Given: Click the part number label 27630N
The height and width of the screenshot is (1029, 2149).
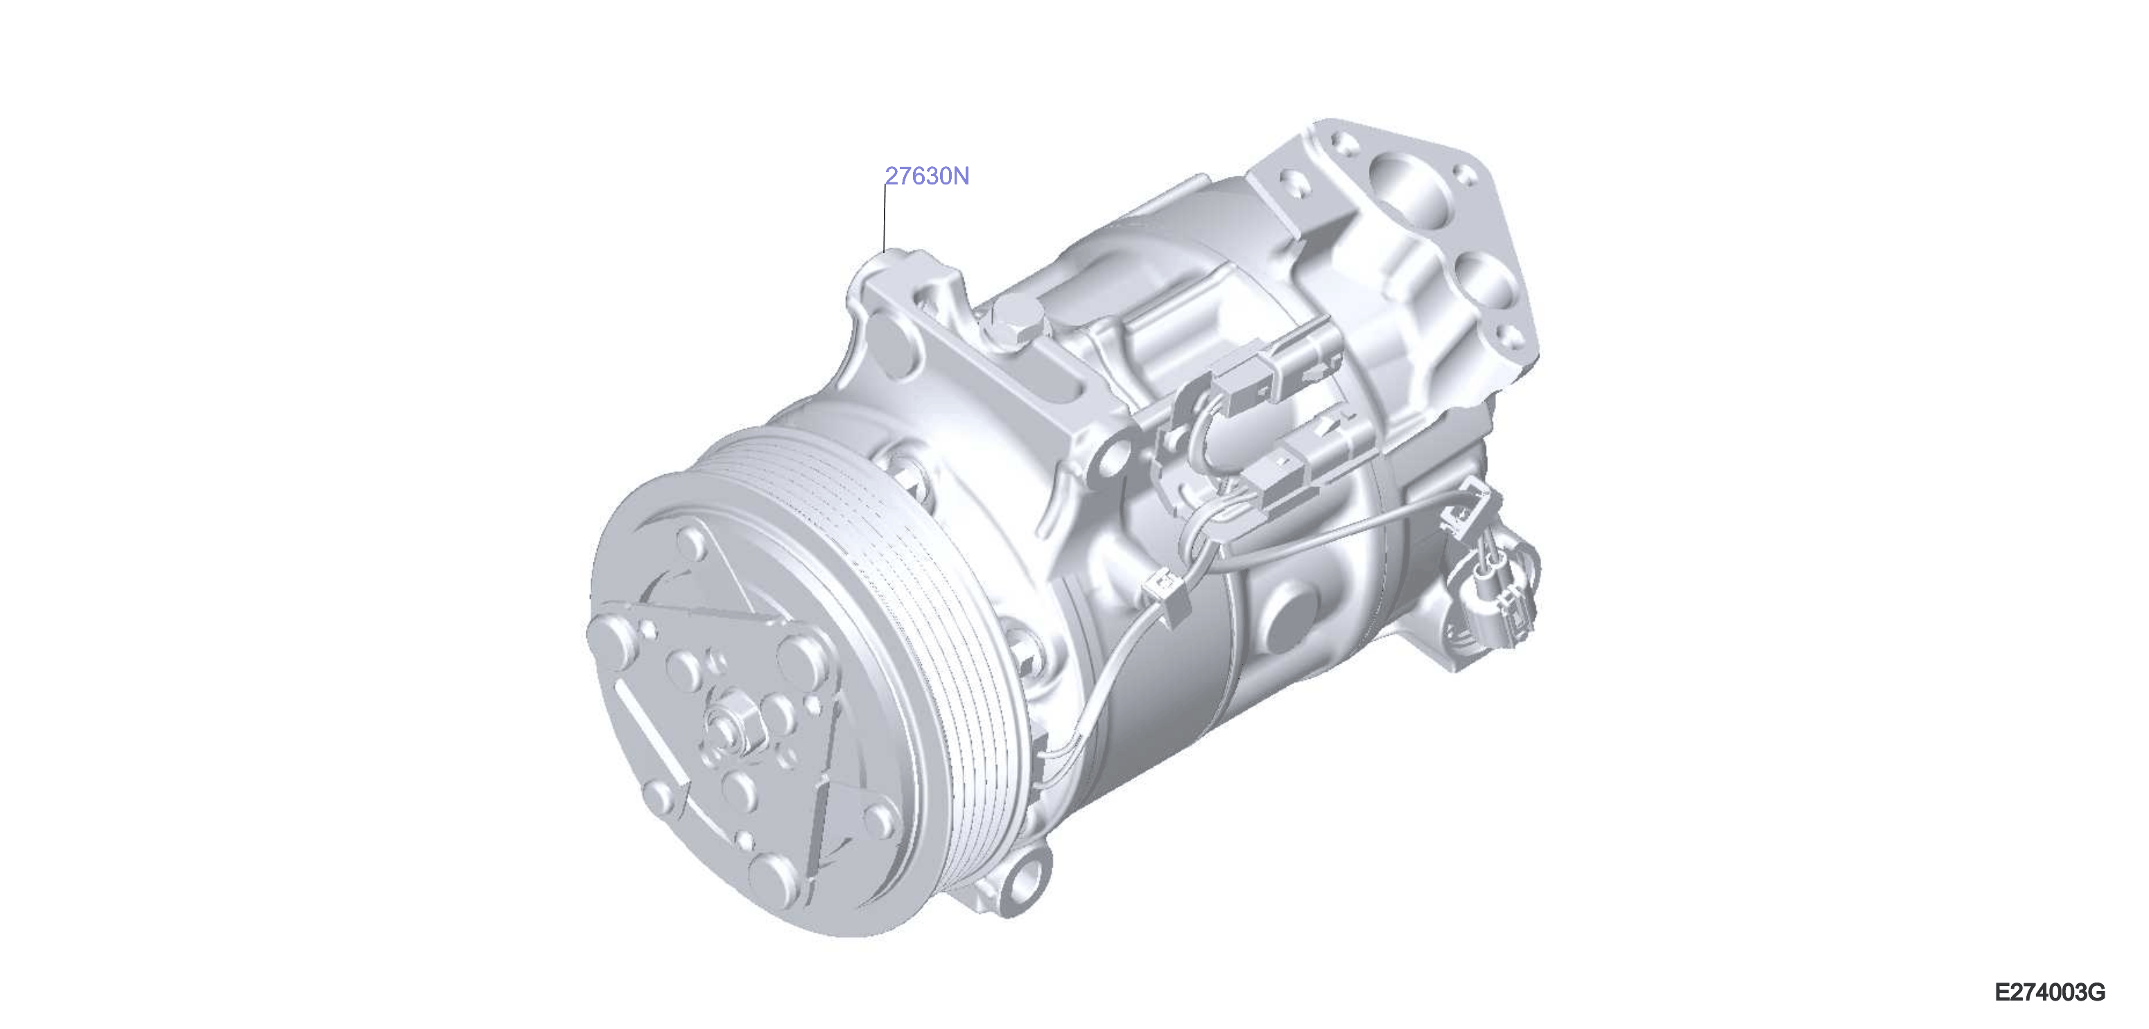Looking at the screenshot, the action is (x=927, y=177).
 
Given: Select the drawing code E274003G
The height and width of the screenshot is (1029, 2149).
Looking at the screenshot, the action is (x=2050, y=992).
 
